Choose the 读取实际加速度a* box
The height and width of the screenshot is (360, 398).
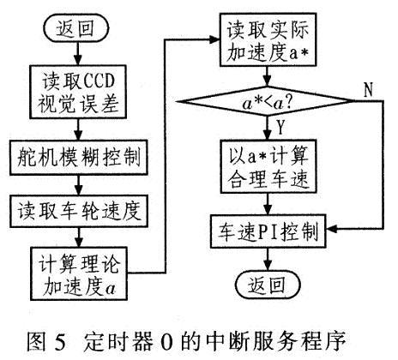(x=268, y=44)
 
